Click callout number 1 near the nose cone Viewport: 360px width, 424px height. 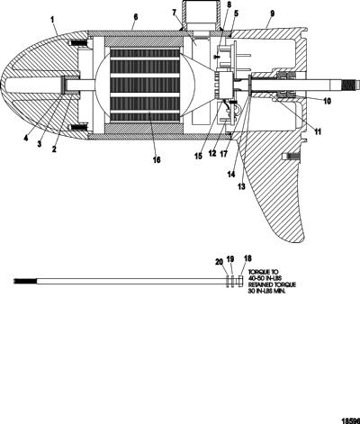pyautogui.click(x=52, y=20)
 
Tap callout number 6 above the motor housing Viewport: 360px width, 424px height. pyautogui.click(x=136, y=17)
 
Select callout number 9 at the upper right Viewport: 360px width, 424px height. pyautogui.click(x=272, y=14)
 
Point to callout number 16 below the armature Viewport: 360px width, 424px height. pyautogui.click(x=157, y=159)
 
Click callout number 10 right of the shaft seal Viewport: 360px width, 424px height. pyautogui.click(x=328, y=101)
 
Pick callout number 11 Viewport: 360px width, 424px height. pyautogui.click(x=318, y=131)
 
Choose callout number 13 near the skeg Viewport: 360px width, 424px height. pyautogui.click(x=241, y=186)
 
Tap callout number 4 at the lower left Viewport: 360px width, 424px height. pyautogui.click(x=26, y=139)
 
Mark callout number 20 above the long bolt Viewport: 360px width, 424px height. pyautogui.click(x=220, y=262)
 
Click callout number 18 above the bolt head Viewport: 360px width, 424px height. pyautogui.click(x=247, y=258)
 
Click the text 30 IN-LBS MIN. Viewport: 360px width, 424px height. pyautogui.click(x=266, y=291)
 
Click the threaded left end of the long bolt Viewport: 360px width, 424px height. pyautogui.click(x=25, y=281)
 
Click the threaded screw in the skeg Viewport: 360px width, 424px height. pyautogui.click(x=291, y=157)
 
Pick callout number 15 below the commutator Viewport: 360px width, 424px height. pyautogui.click(x=198, y=156)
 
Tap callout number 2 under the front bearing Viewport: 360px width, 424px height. pyautogui.click(x=54, y=149)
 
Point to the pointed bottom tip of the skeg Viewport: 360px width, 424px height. pyautogui.click(x=301, y=241)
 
